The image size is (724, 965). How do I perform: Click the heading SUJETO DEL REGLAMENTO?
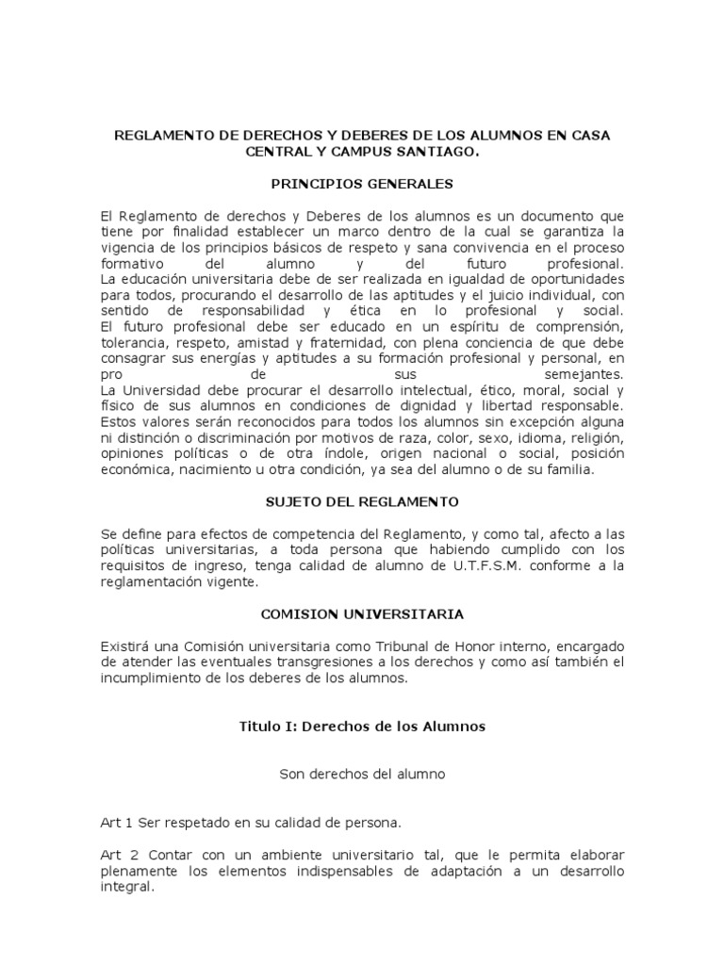tap(362, 502)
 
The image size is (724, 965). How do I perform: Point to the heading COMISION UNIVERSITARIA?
tap(362, 613)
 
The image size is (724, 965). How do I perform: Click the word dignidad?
tap(447, 406)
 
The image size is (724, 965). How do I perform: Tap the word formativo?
tap(134, 263)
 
